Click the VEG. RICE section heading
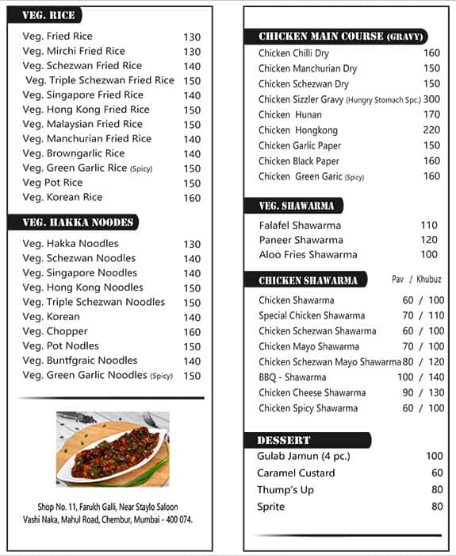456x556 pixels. click(49, 15)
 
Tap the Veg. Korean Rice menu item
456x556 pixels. click(63, 197)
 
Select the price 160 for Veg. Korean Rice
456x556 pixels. click(192, 198)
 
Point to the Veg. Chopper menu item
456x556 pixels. click(56, 331)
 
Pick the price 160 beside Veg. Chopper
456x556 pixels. click(192, 332)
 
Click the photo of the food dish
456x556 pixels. click(112, 448)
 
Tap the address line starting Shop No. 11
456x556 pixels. click(108, 507)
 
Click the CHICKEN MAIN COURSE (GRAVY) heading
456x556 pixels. click(343, 37)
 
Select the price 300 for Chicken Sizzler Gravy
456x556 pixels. click(431, 99)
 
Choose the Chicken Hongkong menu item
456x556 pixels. click(298, 130)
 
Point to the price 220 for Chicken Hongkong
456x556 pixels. click(431, 130)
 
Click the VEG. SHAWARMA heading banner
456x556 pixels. click(296, 207)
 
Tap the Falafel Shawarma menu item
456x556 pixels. click(300, 226)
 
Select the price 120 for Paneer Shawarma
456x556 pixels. click(429, 240)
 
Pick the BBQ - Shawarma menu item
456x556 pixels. click(292, 377)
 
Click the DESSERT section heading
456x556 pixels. click(284, 440)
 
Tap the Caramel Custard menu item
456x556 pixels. click(296, 473)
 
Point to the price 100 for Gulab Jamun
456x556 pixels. click(435, 456)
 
